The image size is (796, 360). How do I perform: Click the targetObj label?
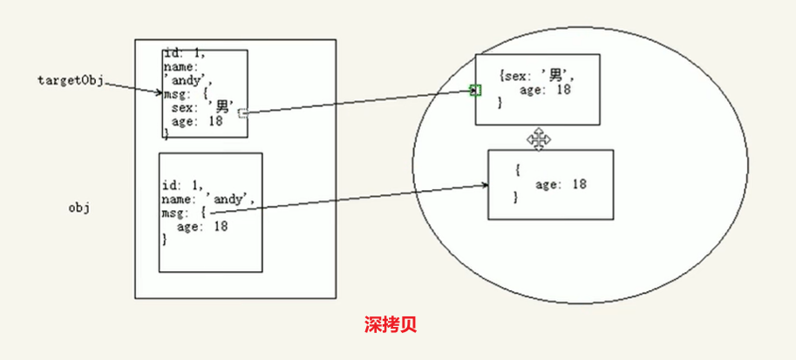point(71,80)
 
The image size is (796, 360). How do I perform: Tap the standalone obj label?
point(80,208)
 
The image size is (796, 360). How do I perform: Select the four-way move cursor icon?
point(539,139)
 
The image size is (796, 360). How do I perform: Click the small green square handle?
point(475,90)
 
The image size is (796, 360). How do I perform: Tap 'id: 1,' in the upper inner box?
point(184,54)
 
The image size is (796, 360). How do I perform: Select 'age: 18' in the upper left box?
point(196,121)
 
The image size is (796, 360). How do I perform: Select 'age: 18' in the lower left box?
point(202,226)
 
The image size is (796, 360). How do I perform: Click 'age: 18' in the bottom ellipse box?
point(561,184)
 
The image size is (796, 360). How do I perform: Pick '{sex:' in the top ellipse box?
point(516,77)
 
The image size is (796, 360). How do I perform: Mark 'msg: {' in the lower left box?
point(184,213)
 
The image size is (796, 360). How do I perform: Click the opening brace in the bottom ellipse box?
point(517,170)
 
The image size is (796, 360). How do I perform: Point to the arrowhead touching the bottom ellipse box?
point(483,184)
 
